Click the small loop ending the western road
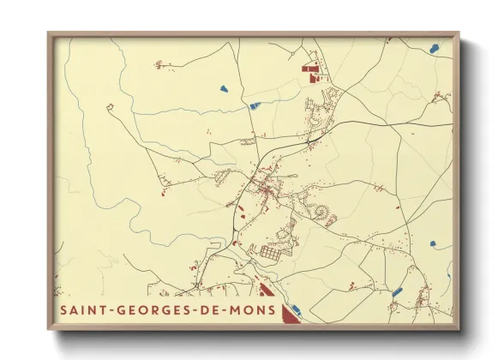(110, 107)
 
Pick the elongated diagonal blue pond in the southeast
(398, 291)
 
